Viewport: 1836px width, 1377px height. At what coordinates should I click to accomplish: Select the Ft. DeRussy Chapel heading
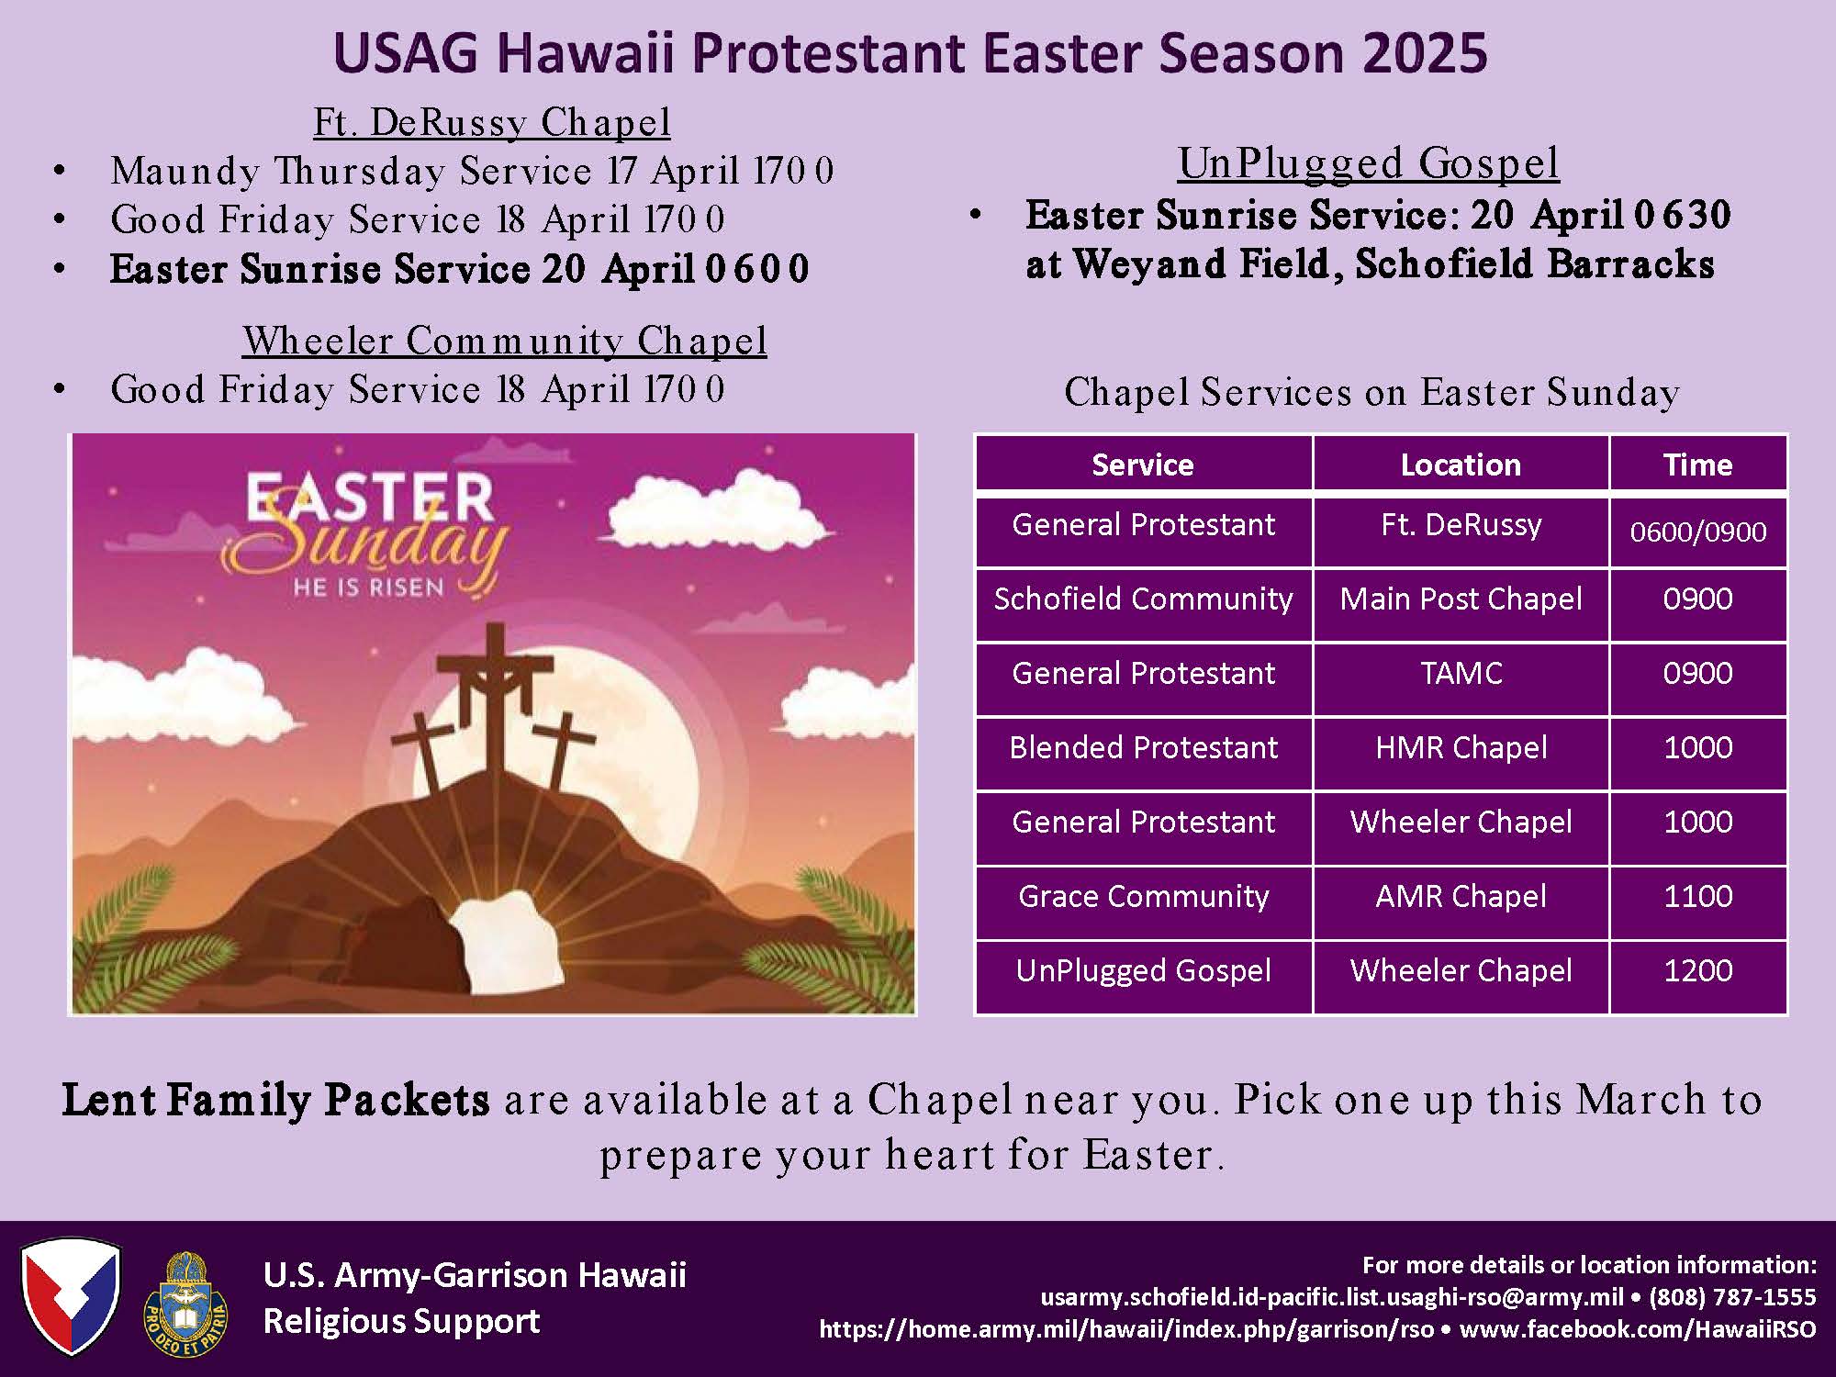pyautogui.click(x=492, y=122)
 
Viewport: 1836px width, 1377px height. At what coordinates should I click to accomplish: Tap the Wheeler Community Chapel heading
pyautogui.click(x=505, y=341)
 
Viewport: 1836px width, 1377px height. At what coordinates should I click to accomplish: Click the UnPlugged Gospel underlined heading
pyautogui.click(x=1369, y=163)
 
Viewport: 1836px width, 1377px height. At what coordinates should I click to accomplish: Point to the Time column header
pyautogui.click(x=1697, y=465)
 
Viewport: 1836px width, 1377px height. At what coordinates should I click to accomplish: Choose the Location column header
pyautogui.click(x=1461, y=465)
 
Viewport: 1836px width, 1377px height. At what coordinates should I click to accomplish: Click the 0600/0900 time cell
pyautogui.click(x=1697, y=532)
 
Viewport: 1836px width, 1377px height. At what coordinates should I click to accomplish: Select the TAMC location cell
pyautogui.click(x=1461, y=673)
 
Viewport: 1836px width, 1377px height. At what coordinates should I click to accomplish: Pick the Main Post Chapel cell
pyautogui.click(x=1461, y=599)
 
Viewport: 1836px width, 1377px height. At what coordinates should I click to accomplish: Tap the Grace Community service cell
pyautogui.click(x=1143, y=896)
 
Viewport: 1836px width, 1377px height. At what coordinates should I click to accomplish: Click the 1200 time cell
pyautogui.click(x=1697, y=970)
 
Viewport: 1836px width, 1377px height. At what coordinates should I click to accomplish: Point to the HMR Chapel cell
pyautogui.click(x=1461, y=747)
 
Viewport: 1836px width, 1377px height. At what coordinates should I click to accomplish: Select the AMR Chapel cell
pyautogui.click(x=1461, y=896)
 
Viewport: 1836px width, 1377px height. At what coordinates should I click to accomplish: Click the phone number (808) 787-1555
pyautogui.click(x=1732, y=1296)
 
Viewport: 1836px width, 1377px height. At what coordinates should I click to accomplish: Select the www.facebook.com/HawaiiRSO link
pyautogui.click(x=1638, y=1328)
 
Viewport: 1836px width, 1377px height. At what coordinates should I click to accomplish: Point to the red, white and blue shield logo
pyautogui.click(x=71, y=1296)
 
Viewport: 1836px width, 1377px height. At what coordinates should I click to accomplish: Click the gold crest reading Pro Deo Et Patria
pyautogui.click(x=186, y=1304)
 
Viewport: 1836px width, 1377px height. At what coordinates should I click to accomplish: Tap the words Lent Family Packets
pyautogui.click(x=275, y=1100)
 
